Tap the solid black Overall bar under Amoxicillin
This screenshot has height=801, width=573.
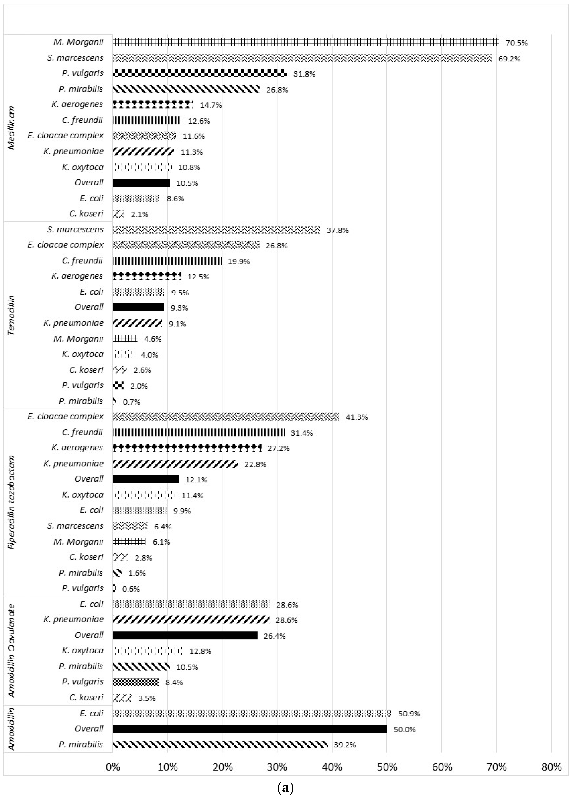[250, 729]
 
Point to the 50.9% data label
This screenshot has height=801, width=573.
[409, 714]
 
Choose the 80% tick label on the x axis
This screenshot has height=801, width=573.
[551, 767]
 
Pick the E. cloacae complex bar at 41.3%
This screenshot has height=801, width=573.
[226, 417]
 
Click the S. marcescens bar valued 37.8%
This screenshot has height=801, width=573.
[216, 229]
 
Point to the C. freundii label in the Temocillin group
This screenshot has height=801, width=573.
[82, 260]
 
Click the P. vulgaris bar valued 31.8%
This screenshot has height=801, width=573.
[200, 73]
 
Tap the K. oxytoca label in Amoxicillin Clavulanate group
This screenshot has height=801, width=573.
[83, 651]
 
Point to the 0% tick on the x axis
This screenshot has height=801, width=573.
[113, 767]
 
